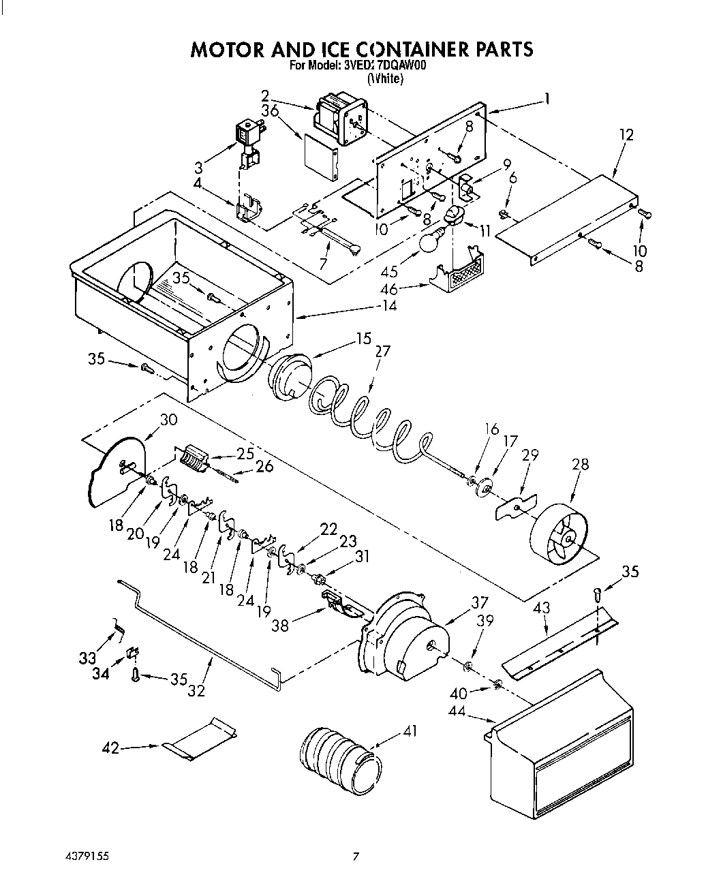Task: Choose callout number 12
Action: pos(626,135)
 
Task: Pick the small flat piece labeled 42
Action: pos(201,738)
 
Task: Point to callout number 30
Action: pos(168,420)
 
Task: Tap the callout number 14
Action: pos(388,307)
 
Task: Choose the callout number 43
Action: pos(542,608)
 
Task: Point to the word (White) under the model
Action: pos(385,79)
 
